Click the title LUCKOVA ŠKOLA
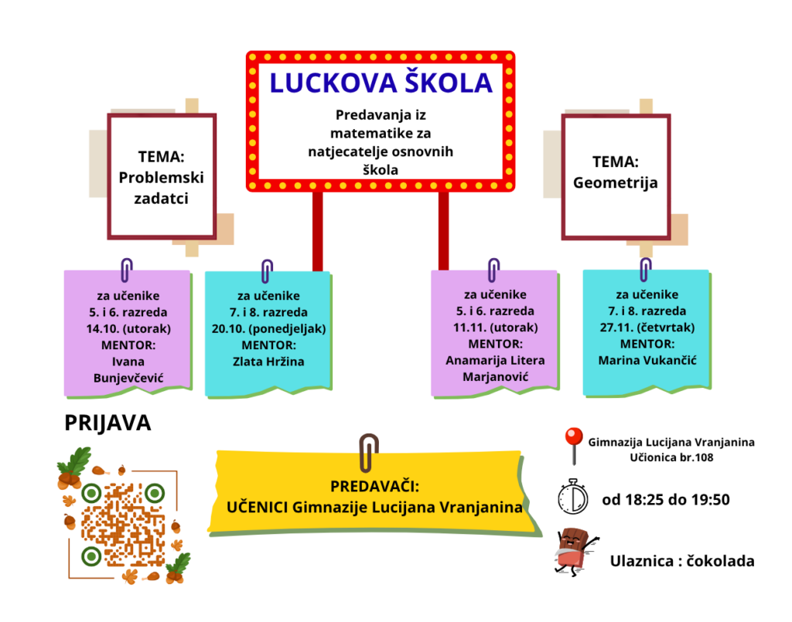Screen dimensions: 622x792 click(x=381, y=83)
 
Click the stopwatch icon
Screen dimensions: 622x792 click(x=573, y=496)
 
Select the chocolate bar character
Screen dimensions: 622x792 click(x=573, y=550)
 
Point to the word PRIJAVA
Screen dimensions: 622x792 click(x=108, y=423)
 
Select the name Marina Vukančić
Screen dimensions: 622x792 click(x=647, y=359)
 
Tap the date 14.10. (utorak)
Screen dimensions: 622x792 click(x=128, y=328)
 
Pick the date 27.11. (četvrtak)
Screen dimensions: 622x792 click(x=647, y=327)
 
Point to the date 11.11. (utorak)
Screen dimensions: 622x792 click(x=495, y=327)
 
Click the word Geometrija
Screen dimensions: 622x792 click(x=616, y=183)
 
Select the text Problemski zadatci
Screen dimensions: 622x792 click(x=161, y=188)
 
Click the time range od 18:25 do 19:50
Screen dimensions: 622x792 click(x=665, y=499)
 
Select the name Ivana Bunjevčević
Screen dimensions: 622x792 click(x=128, y=369)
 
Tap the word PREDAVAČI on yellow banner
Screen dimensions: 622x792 click(x=374, y=487)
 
